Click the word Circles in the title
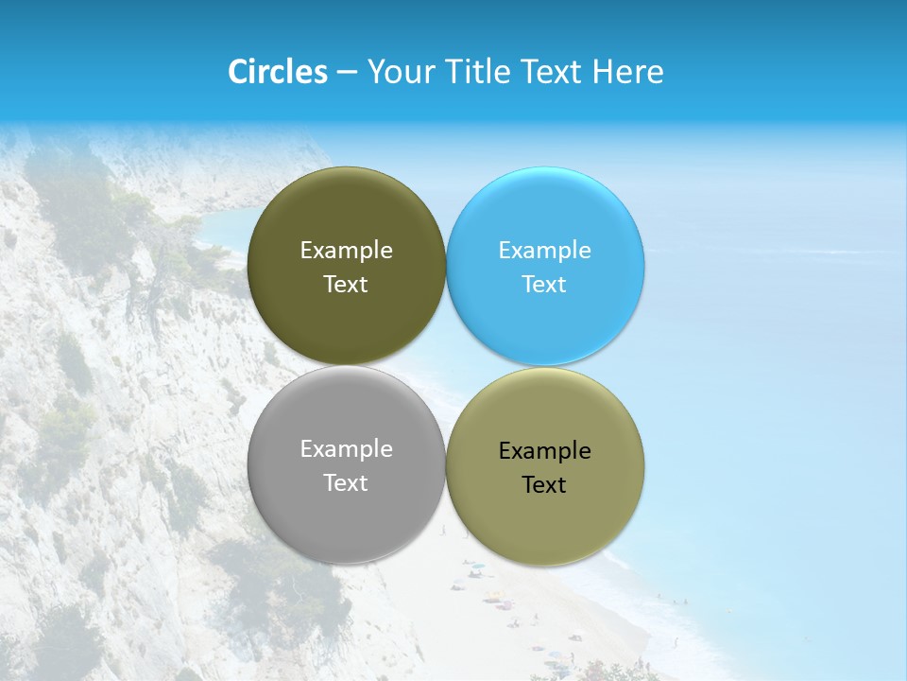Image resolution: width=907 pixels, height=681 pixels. (277, 72)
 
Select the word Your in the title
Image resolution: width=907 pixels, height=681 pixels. (396, 72)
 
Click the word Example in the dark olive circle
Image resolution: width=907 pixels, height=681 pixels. (346, 251)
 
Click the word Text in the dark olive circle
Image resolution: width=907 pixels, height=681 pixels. (346, 285)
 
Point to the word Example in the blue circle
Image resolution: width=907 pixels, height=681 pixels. (544, 251)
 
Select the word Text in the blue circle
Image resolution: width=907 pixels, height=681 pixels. (544, 285)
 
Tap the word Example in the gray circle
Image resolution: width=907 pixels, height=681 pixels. (346, 449)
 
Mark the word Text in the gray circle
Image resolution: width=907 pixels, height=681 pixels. (346, 483)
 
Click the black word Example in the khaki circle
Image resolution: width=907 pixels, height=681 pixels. (544, 451)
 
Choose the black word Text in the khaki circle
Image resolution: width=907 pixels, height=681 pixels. (544, 485)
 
